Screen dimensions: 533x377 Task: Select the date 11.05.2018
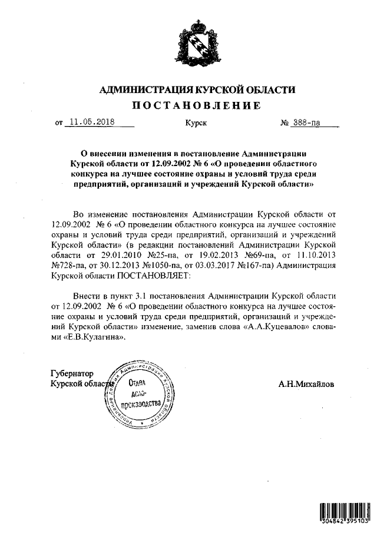(92, 123)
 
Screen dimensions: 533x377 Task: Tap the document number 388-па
(306, 123)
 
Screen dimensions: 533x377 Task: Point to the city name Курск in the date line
(196, 124)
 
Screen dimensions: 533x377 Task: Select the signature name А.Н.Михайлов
(305, 384)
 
